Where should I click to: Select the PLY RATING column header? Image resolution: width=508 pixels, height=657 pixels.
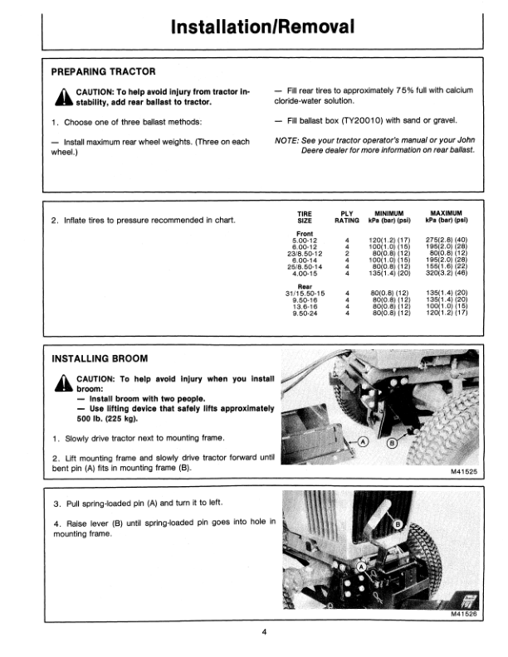click(346, 217)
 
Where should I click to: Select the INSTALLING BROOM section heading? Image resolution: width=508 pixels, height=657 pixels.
click(100, 359)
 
